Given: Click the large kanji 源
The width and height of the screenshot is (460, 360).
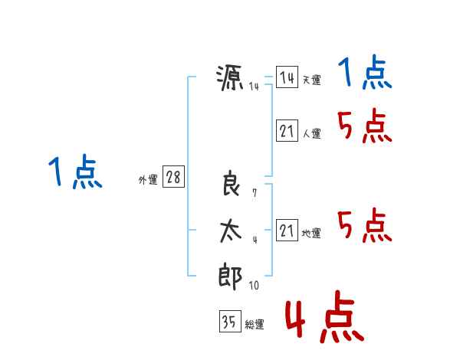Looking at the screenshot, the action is [x=230, y=77].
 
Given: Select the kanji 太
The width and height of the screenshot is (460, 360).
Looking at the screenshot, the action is [x=231, y=231].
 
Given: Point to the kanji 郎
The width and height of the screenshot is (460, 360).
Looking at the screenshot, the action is [x=230, y=277].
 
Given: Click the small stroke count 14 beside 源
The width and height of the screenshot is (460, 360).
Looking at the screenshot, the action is [x=254, y=87].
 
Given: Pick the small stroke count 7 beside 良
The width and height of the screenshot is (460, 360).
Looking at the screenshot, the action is [x=255, y=193].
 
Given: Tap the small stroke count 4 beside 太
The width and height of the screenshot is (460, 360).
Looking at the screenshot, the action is [x=255, y=240].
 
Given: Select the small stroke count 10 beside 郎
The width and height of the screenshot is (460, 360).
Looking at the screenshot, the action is [x=254, y=285].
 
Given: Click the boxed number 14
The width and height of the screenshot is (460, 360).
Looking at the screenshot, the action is [x=287, y=77].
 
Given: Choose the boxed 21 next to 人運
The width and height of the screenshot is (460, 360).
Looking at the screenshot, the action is [x=287, y=130].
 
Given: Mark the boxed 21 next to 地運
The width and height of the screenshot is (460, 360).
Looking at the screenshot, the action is [x=287, y=230].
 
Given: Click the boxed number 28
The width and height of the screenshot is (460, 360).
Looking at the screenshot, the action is [x=173, y=176].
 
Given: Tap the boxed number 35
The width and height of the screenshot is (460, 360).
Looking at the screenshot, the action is [x=230, y=321].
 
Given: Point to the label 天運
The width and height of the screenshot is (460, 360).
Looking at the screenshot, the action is [x=311, y=80].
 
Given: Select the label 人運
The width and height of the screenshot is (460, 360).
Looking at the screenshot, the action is [x=311, y=134].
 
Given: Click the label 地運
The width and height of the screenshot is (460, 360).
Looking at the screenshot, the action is [x=311, y=234].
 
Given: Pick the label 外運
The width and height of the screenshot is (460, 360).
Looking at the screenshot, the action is [x=148, y=179].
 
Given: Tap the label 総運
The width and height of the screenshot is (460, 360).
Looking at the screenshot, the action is [x=255, y=325].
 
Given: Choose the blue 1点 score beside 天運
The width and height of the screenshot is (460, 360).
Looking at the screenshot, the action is [x=365, y=72].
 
